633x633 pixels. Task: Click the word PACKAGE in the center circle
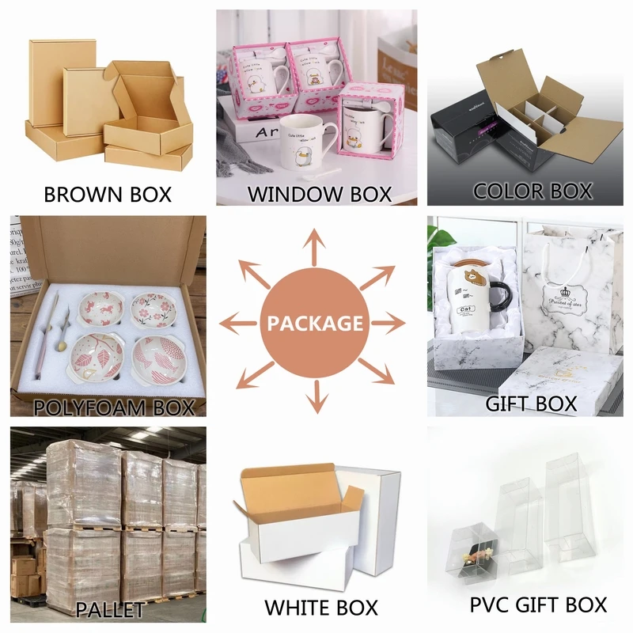click(x=316, y=323)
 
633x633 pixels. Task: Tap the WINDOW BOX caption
click(x=320, y=194)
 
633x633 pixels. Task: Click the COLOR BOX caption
click(x=533, y=191)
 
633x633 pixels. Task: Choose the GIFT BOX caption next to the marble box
click(x=531, y=404)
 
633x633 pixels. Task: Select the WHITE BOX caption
click(x=321, y=608)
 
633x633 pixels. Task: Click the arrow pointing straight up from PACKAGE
click(x=316, y=245)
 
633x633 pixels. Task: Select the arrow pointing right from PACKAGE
click(x=389, y=323)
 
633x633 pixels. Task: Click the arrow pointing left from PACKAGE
click(x=243, y=323)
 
